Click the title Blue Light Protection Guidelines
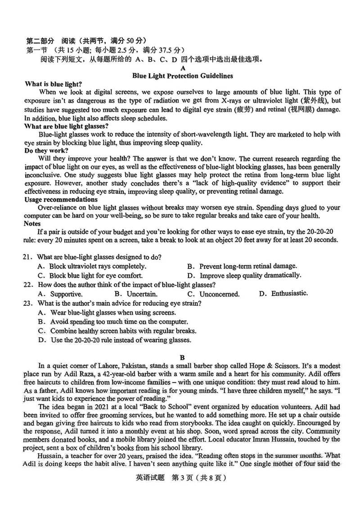point(182,76)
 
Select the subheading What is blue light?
point(53,84)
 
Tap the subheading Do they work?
point(46,150)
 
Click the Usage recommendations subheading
point(61,200)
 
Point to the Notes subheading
point(32,223)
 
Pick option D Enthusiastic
point(284,294)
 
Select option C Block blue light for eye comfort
point(90,276)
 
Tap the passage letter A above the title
point(182,68)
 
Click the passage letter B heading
point(182,358)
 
